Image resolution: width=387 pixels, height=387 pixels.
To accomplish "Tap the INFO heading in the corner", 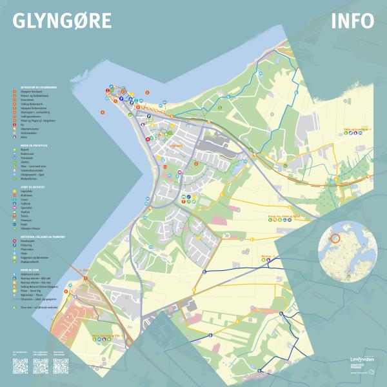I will (x=352, y=21).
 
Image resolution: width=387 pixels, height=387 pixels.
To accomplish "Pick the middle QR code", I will (x=41, y=366).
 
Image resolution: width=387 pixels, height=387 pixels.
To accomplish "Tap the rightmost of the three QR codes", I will (x=61, y=366).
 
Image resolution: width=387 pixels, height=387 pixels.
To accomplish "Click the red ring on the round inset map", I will (x=334, y=238).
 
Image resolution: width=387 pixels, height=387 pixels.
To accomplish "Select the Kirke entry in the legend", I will (x=23, y=137).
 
